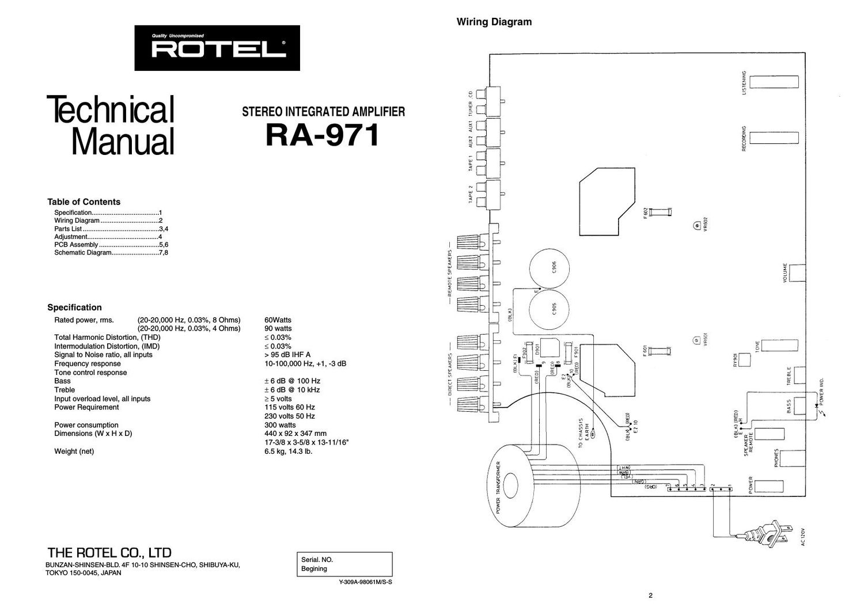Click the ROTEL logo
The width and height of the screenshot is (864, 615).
(217, 48)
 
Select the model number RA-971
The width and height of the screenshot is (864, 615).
(323, 136)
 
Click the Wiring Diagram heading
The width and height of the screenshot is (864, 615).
(494, 22)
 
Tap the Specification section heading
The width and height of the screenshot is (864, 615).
(74, 307)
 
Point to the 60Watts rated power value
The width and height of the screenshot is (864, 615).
(278, 320)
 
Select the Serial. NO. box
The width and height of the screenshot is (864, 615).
(344, 564)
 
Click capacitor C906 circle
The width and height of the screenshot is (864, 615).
(550, 267)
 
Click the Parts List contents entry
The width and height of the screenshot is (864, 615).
(68, 229)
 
